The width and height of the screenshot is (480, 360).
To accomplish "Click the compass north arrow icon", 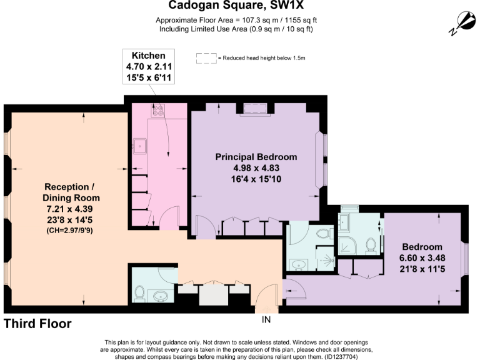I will click(x=461, y=22).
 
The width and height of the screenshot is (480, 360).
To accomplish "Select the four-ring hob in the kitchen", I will click(x=157, y=111).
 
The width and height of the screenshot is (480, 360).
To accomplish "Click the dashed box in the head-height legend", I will click(x=206, y=58).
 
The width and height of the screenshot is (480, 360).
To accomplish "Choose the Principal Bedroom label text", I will click(x=256, y=156).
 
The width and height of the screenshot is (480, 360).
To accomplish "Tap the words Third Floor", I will click(x=37, y=324).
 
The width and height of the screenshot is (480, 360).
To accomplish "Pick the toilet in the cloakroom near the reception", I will click(x=140, y=292).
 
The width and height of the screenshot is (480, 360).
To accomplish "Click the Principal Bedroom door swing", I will click(x=204, y=225).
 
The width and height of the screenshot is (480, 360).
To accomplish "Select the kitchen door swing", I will click(x=168, y=220).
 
